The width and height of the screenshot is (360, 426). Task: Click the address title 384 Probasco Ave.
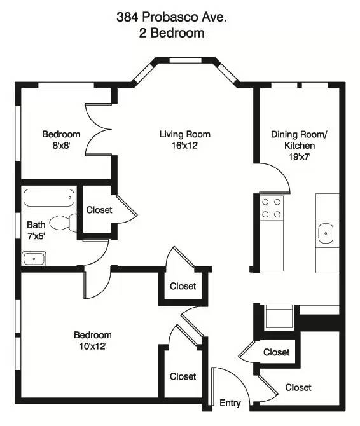point(172,18)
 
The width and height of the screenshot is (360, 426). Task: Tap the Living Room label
point(184,134)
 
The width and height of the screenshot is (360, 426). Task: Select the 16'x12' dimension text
point(184,146)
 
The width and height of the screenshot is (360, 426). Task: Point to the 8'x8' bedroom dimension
point(61,146)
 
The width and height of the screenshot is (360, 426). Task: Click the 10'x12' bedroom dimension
point(92,347)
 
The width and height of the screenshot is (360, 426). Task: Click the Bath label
point(36,224)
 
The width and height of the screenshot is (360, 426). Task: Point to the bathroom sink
point(34,258)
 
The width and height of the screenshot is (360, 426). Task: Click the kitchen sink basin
point(327,234)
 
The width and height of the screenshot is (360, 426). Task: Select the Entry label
point(230,403)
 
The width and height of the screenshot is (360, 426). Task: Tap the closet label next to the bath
point(99,210)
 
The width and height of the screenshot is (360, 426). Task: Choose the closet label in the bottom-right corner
point(298,387)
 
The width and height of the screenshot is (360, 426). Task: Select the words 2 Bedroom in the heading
point(172,33)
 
